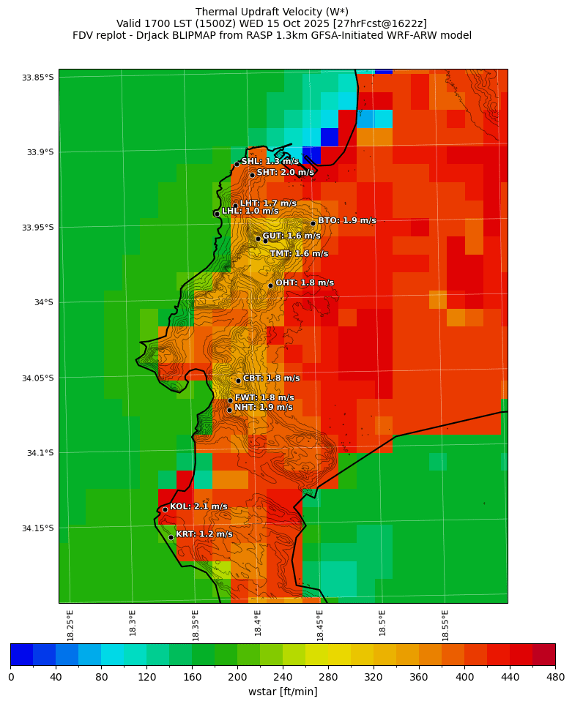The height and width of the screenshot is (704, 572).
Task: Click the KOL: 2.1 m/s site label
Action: tap(198, 506)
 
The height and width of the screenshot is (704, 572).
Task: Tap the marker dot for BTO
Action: tap(313, 223)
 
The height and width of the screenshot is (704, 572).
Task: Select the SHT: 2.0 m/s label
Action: tap(285, 173)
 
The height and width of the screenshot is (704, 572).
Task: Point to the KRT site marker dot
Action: tap(171, 537)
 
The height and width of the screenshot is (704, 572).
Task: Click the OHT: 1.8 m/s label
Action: tap(304, 283)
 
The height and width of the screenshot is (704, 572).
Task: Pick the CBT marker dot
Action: tap(238, 381)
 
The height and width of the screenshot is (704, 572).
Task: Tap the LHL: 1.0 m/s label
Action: tap(250, 211)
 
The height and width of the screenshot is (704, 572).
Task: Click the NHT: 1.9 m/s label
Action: tap(263, 408)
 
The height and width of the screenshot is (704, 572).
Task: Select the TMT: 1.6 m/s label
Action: tap(299, 254)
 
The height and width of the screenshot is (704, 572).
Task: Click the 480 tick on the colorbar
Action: tap(554, 677)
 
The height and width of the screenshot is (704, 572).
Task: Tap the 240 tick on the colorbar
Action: tap(283, 677)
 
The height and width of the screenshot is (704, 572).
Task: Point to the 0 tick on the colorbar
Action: tap(11, 677)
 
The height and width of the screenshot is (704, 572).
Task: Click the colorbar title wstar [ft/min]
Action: tap(283, 692)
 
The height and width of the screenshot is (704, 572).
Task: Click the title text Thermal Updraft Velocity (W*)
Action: tap(272, 12)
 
